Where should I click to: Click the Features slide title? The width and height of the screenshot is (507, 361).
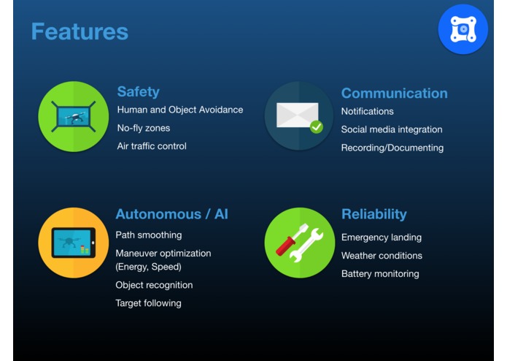pos(80,31)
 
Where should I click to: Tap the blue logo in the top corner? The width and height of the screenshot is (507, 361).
pos(463,29)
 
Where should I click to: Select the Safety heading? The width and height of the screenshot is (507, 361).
pos(138,92)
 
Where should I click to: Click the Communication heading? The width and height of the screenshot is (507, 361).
pos(394,94)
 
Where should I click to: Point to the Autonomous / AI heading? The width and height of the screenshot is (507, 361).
pos(171,214)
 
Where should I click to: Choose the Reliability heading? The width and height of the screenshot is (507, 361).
pos(374,214)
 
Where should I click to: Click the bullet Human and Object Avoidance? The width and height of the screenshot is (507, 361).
pos(180,110)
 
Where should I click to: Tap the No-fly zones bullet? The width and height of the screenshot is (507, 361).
pos(144,128)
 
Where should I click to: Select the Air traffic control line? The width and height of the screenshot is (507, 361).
pos(152,146)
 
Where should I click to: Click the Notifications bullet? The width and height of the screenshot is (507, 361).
pos(368,111)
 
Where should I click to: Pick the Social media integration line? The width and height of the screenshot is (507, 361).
pos(392,129)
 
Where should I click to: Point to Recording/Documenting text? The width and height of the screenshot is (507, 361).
pos(392,148)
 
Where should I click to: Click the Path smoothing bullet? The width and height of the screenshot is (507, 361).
pos(149,235)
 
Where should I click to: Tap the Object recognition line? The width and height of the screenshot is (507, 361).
pos(154,285)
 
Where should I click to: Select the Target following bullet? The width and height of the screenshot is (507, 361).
pos(148,303)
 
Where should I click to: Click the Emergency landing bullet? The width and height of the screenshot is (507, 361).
pos(382,237)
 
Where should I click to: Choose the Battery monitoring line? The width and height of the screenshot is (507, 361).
pos(380,273)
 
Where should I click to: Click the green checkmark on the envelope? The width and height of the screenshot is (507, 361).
pos(316,127)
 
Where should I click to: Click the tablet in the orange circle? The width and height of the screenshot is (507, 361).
pos(74,243)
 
